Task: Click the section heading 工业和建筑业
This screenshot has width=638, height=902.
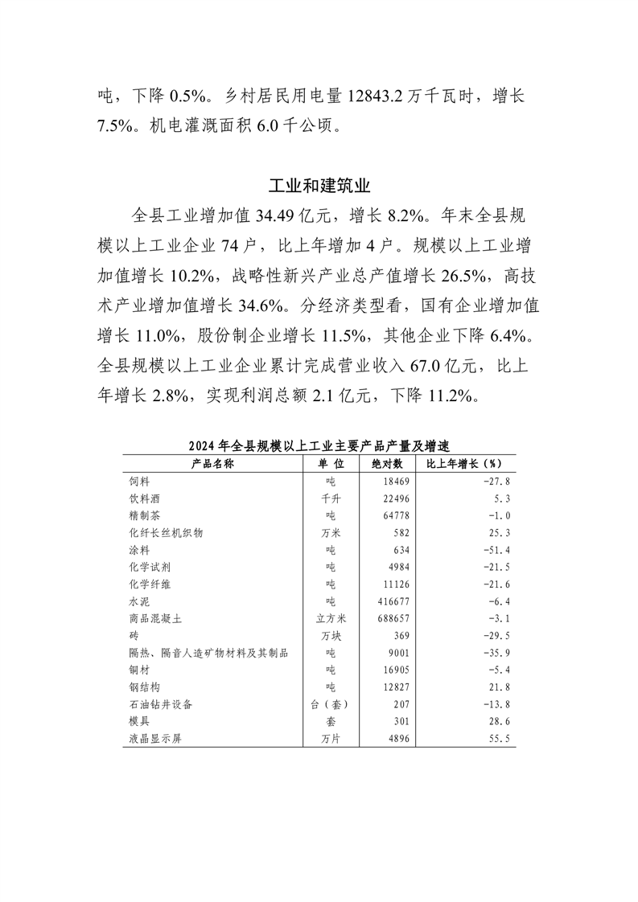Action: tap(319, 186)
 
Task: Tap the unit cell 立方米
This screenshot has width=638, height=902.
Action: tap(330, 617)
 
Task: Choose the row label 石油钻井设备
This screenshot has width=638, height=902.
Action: tap(161, 703)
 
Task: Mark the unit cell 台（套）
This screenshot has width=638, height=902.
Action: tap(330, 703)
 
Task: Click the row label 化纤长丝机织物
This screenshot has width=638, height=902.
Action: tap(166, 532)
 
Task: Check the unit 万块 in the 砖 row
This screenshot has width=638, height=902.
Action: tap(330, 635)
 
